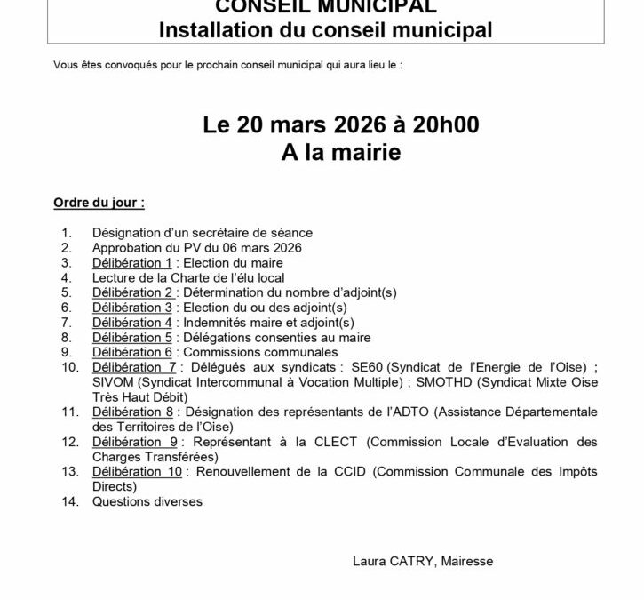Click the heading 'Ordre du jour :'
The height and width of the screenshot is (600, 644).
coord(99,203)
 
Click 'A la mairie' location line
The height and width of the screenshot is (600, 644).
coord(340,152)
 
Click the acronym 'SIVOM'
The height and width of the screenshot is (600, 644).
coord(112,383)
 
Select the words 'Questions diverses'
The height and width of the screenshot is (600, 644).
coord(147,502)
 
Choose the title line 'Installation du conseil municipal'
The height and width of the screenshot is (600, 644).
coord(325,29)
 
